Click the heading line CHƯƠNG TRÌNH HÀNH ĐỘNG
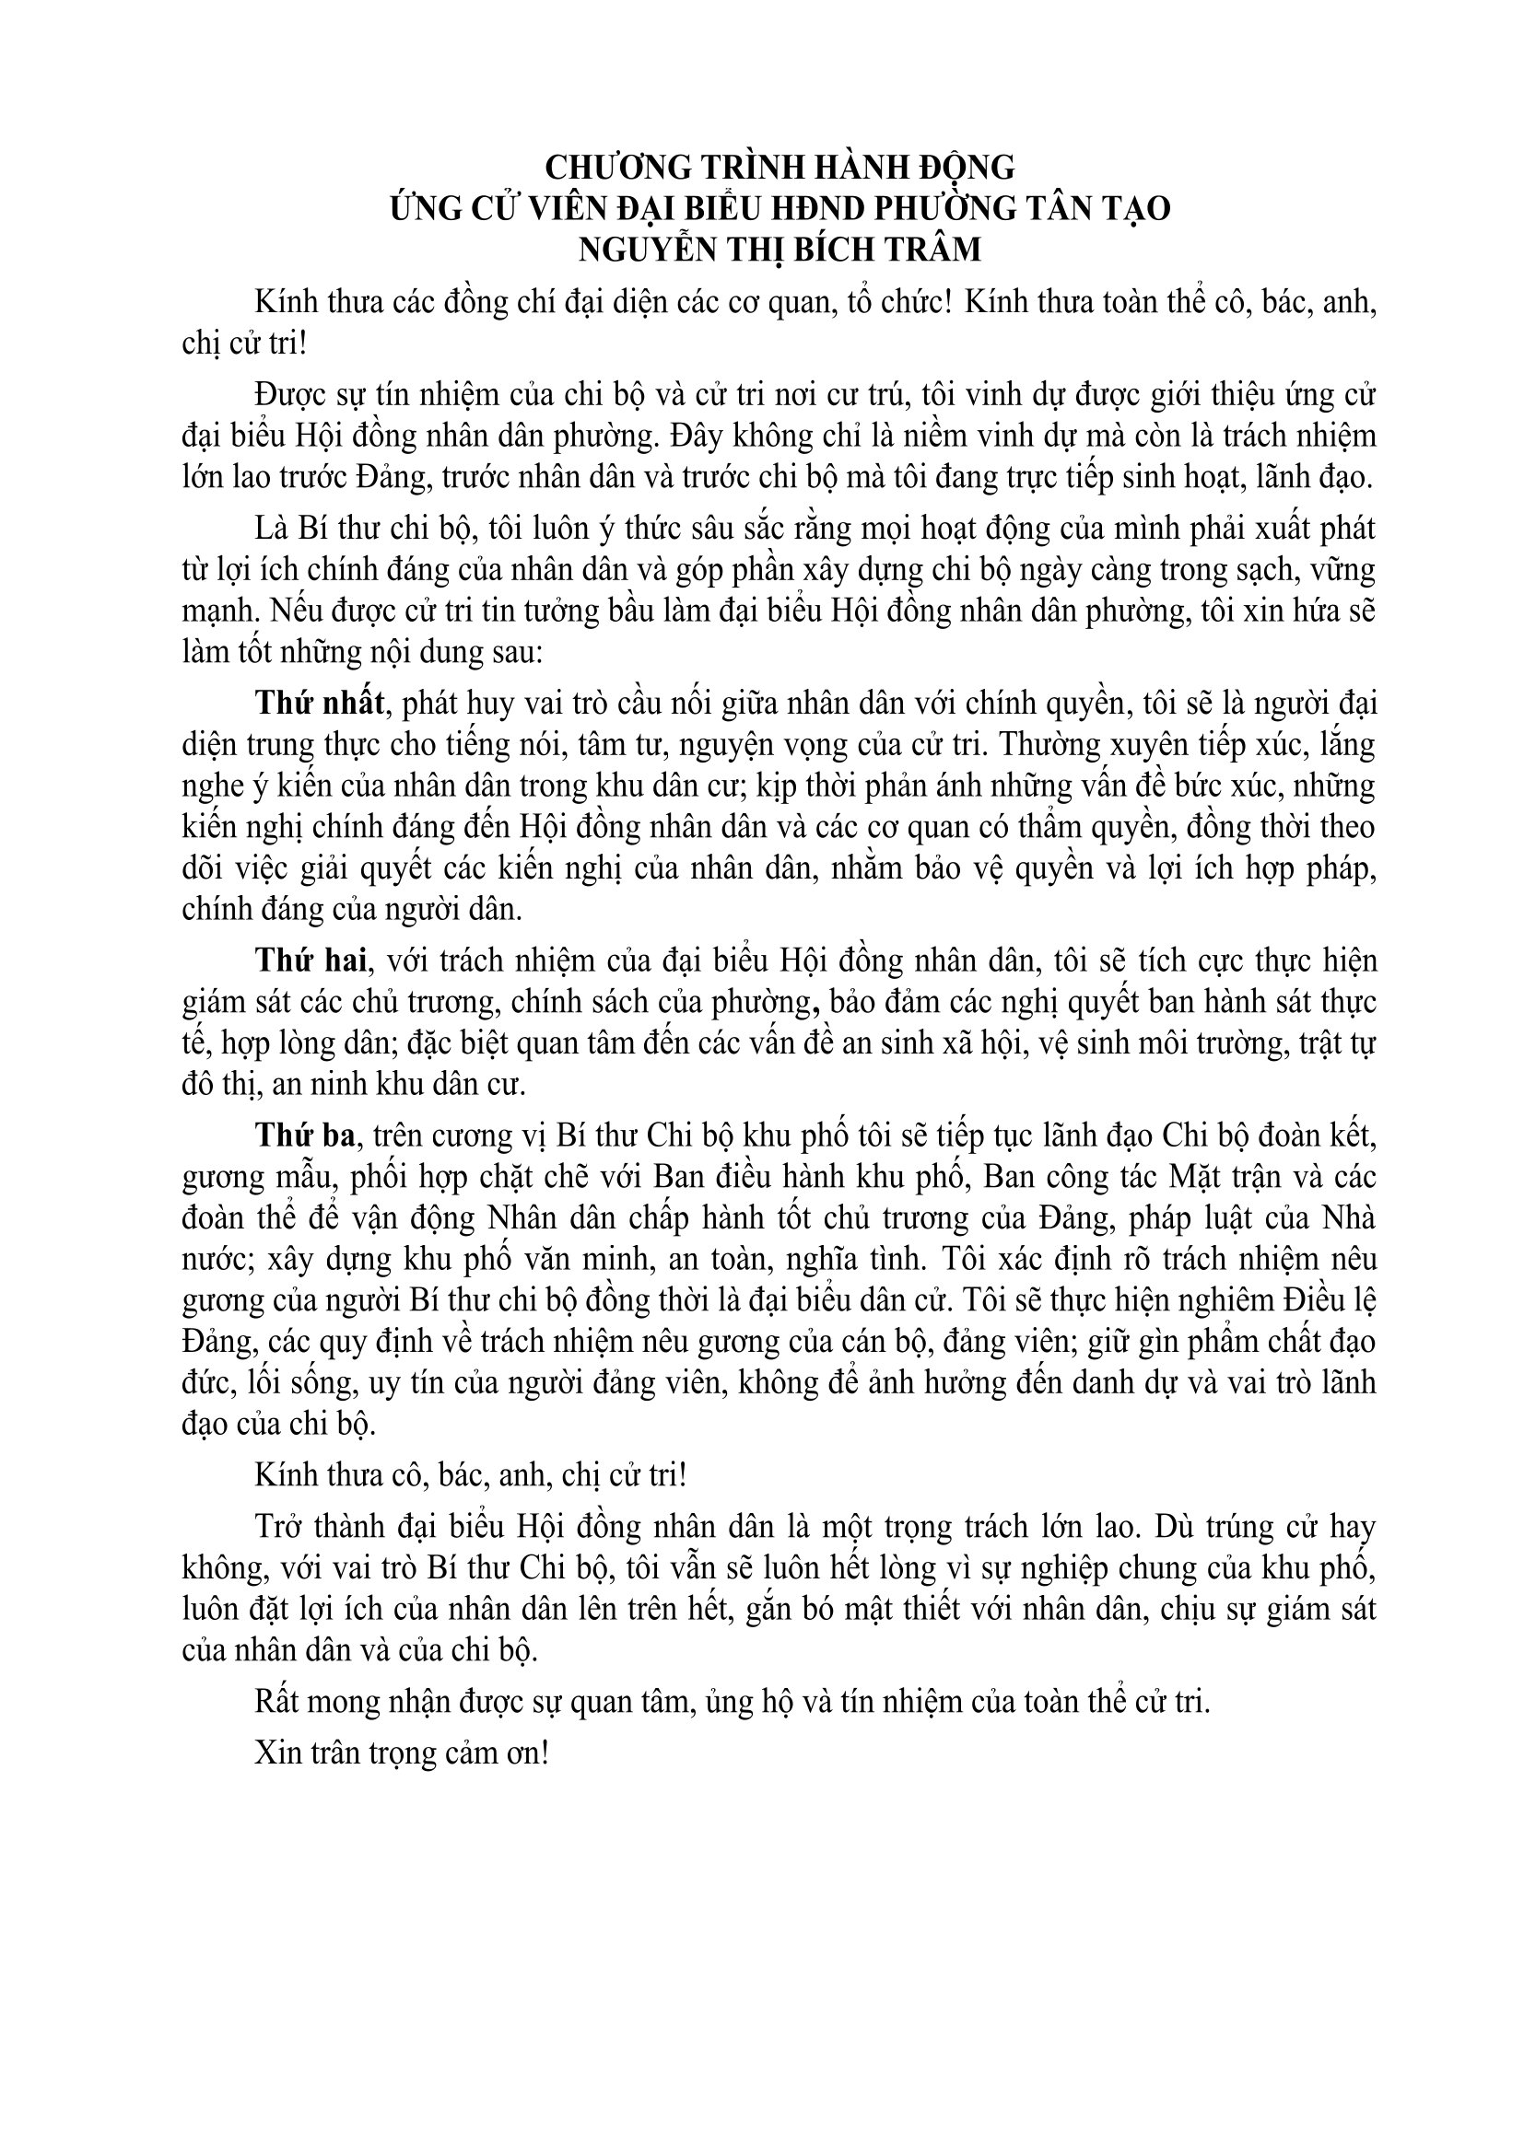pos(780,168)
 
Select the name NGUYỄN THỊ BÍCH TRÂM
pos(780,250)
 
